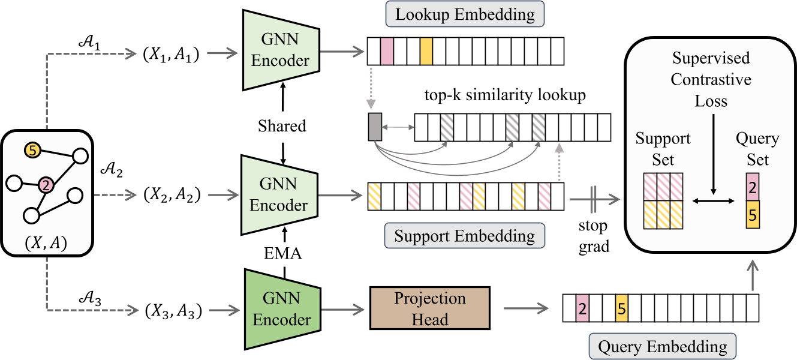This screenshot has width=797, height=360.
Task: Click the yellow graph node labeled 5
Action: [x=32, y=149]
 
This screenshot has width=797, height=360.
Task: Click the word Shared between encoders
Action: [x=282, y=126]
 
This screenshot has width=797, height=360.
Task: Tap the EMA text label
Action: [x=282, y=254]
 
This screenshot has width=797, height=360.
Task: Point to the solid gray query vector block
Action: [x=374, y=127]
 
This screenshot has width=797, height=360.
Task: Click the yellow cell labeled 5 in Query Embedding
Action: [x=621, y=309]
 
